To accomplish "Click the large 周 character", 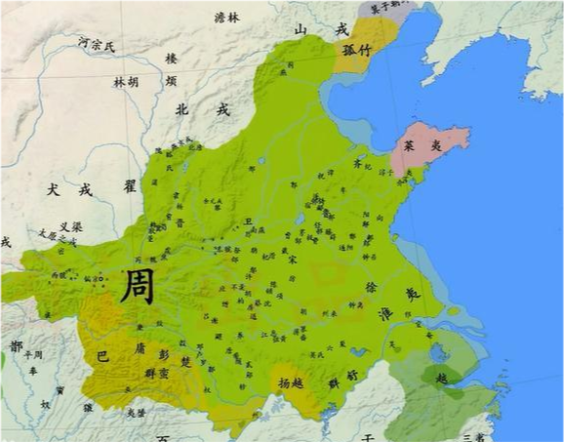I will pyautogui.click(x=136, y=285).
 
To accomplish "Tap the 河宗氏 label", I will pyautogui.click(x=98, y=44).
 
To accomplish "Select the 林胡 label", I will pyautogui.click(x=126, y=83).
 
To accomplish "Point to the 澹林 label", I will pyautogui.click(x=227, y=18).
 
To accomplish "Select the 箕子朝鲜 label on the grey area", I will pyautogui.click(x=388, y=6).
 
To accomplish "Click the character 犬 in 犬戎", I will pyautogui.click(x=53, y=191).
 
